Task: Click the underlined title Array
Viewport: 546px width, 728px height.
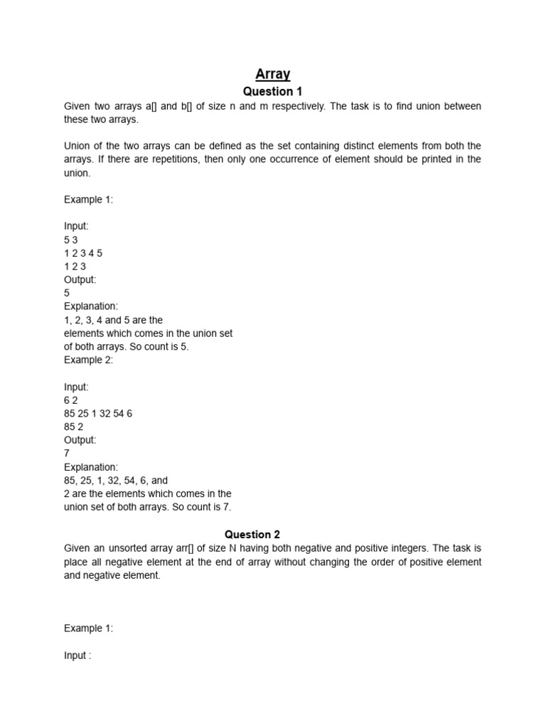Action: (273, 73)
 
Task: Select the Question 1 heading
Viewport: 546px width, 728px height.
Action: (273, 92)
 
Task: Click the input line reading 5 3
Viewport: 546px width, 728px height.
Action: (71, 240)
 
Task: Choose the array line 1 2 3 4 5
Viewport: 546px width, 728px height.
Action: (83, 253)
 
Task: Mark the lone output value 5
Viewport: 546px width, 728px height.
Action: (67, 293)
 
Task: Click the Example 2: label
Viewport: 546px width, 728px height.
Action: (88, 360)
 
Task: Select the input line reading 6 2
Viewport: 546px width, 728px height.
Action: (71, 400)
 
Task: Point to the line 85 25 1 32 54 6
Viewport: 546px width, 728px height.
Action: (98, 414)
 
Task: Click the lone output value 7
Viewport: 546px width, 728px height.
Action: (67, 454)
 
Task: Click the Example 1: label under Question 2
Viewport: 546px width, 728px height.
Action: (88, 628)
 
